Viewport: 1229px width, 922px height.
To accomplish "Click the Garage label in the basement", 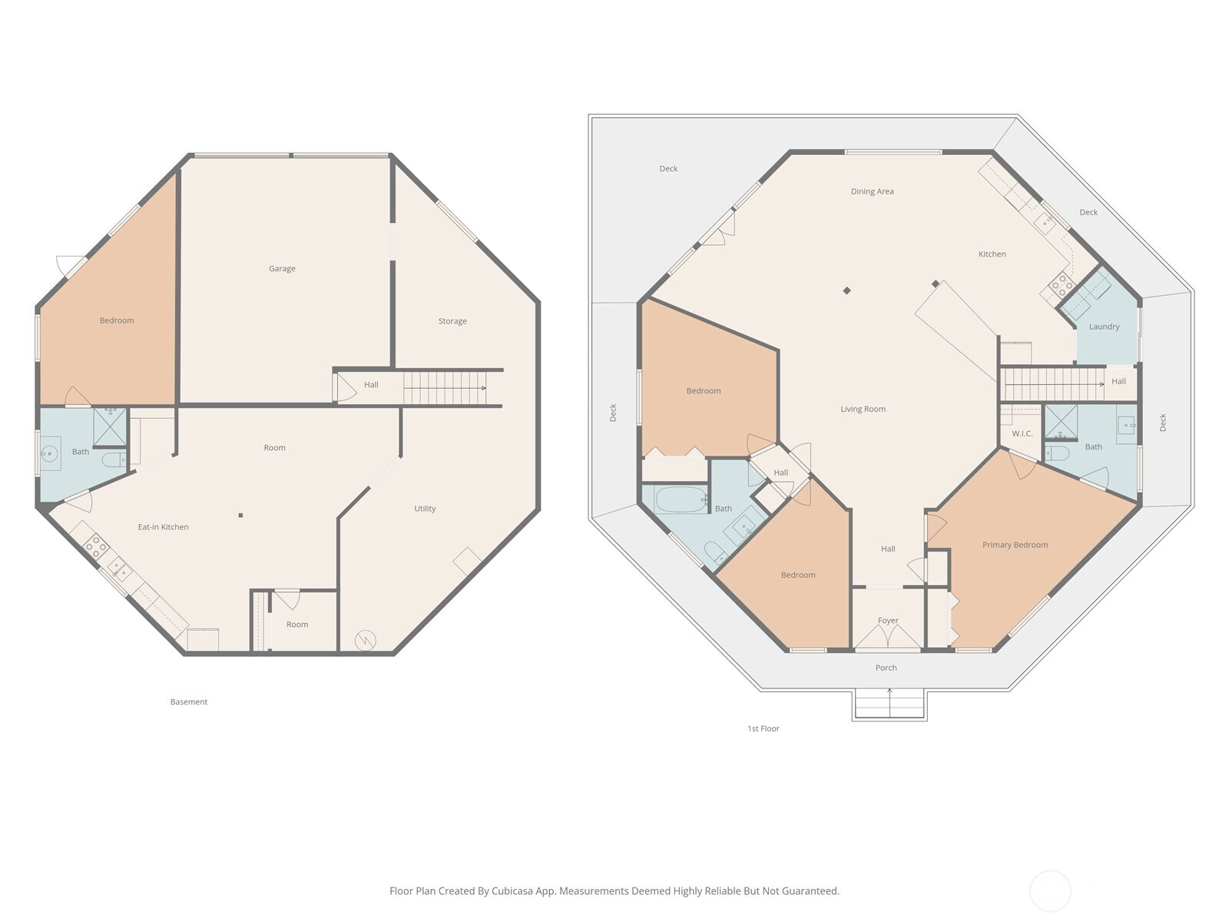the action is pyautogui.click(x=282, y=269).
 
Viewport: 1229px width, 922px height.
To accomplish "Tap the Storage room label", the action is pyautogui.click(x=452, y=321).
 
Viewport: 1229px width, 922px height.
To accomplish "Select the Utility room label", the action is pyautogui.click(x=425, y=509).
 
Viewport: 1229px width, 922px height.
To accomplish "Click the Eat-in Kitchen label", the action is pyautogui.click(x=163, y=527).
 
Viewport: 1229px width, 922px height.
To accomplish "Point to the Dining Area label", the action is pyautogui.click(x=873, y=191).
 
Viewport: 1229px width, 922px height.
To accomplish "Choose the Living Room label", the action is pyautogui.click(x=863, y=410).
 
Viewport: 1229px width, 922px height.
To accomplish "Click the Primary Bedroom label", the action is pyautogui.click(x=1015, y=545).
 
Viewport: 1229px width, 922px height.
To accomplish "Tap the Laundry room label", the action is pyautogui.click(x=1104, y=327).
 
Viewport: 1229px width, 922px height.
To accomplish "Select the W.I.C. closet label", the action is pyautogui.click(x=1022, y=434).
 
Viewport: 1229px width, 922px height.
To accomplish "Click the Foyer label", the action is pyautogui.click(x=888, y=620).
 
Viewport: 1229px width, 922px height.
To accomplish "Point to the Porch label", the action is pyautogui.click(x=886, y=668).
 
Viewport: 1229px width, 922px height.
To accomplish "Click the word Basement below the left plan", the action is pyautogui.click(x=189, y=702).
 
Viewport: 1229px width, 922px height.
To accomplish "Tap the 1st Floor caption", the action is pyautogui.click(x=764, y=728).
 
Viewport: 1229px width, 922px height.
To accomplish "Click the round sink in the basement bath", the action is pyautogui.click(x=50, y=453).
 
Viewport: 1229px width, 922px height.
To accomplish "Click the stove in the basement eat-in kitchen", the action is pyautogui.click(x=96, y=547).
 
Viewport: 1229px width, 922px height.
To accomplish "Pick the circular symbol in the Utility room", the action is pyautogui.click(x=365, y=640).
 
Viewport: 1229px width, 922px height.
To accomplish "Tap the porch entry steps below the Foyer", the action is pyautogui.click(x=889, y=705).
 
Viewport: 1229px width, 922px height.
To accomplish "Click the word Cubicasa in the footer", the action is pyautogui.click(x=512, y=890).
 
